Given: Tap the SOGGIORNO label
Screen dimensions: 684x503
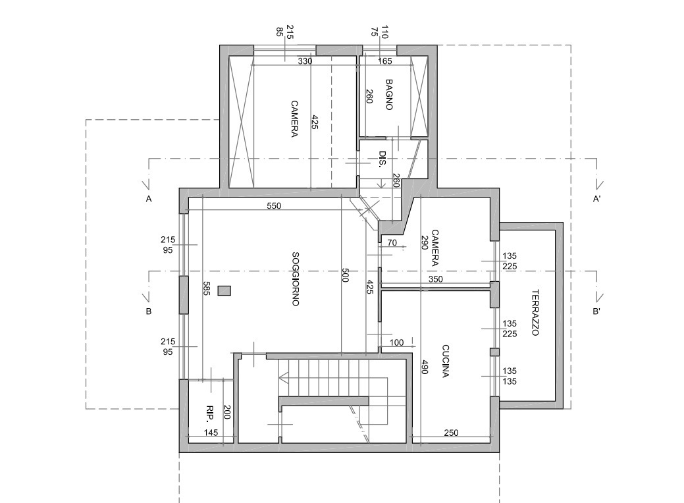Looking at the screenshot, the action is [296, 278].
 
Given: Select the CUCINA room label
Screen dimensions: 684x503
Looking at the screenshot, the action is [446, 361].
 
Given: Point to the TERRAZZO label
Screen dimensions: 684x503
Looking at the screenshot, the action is [535, 312].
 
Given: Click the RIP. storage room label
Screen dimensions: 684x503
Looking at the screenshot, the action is [210, 414].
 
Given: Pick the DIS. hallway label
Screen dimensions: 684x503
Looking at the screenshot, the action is [382, 160].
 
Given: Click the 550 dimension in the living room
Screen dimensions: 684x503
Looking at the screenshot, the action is [274, 205].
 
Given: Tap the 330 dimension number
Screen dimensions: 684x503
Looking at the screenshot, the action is [305, 61].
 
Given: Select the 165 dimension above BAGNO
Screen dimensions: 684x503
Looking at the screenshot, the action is [384, 61].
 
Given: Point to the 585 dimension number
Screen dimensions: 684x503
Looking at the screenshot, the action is [206, 288].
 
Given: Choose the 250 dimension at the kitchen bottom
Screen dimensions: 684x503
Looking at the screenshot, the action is [451, 433].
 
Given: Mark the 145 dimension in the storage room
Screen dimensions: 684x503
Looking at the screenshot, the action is [211, 433].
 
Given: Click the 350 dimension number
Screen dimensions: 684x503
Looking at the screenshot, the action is [435, 279].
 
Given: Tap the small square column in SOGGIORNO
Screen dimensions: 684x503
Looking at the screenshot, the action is [224, 291].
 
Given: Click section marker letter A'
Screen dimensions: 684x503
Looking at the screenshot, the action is [596, 199].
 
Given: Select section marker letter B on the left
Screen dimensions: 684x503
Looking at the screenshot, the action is [149, 311].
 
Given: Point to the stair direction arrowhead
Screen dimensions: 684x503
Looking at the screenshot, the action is [283, 377].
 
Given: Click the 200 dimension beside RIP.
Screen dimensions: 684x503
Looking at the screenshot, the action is [226, 412].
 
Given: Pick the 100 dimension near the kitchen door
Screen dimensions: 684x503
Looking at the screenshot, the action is [396, 343].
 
